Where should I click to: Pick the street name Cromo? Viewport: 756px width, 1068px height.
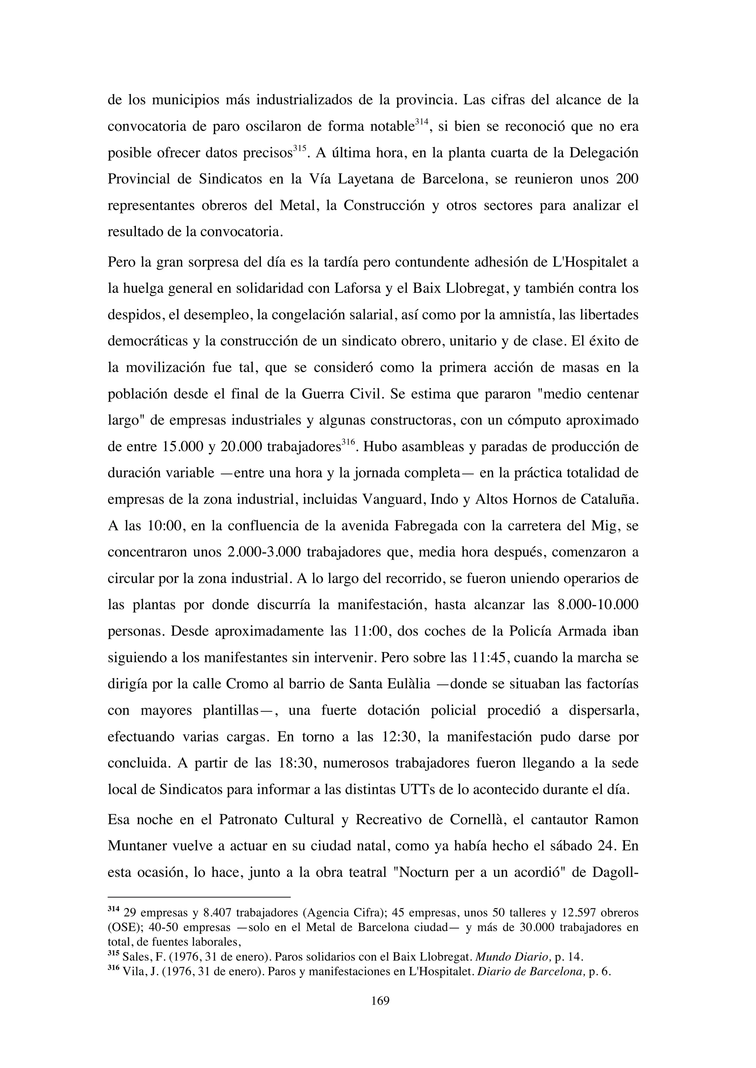point(246,684)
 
